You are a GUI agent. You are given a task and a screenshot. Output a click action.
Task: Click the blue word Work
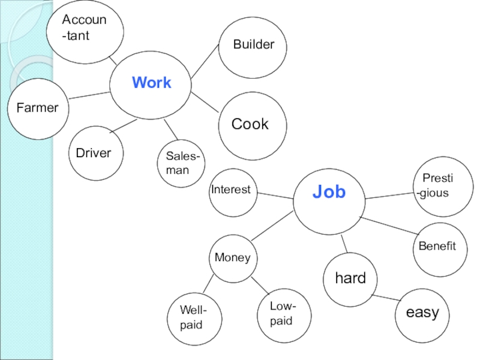(151, 83)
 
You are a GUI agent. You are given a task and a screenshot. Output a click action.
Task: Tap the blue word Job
(329, 192)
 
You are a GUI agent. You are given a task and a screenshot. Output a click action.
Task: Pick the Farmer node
(38, 109)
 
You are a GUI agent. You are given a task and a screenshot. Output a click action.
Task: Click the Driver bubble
(94, 153)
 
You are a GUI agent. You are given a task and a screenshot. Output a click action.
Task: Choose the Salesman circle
(181, 163)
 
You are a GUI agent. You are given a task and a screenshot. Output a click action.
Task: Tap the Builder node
(253, 45)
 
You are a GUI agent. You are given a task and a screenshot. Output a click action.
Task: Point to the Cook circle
(250, 125)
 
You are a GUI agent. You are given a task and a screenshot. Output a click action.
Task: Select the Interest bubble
(232, 191)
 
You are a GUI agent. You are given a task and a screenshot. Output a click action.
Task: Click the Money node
(233, 258)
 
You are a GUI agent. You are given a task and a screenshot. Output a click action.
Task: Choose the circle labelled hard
(350, 278)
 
